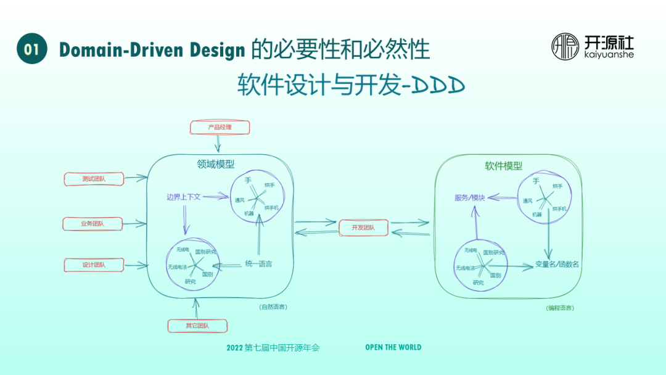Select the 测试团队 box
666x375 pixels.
click(x=94, y=179)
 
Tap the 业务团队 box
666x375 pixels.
click(x=92, y=223)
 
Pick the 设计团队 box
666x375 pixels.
click(x=94, y=265)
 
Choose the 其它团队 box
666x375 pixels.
click(x=198, y=326)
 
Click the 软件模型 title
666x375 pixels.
click(x=503, y=166)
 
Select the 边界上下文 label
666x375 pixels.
click(x=184, y=197)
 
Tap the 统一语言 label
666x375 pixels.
click(x=258, y=264)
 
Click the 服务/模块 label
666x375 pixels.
click(x=470, y=198)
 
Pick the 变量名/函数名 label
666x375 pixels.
click(x=557, y=265)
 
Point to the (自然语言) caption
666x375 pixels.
click(x=273, y=307)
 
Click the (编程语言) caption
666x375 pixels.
click(x=559, y=308)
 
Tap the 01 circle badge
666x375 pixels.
click(x=32, y=49)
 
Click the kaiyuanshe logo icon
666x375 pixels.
click(x=565, y=46)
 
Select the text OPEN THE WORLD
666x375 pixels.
click(x=393, y=347)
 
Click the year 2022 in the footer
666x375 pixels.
click(x=235, y=348)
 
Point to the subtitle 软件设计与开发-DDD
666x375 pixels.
click(x=351, y=86)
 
